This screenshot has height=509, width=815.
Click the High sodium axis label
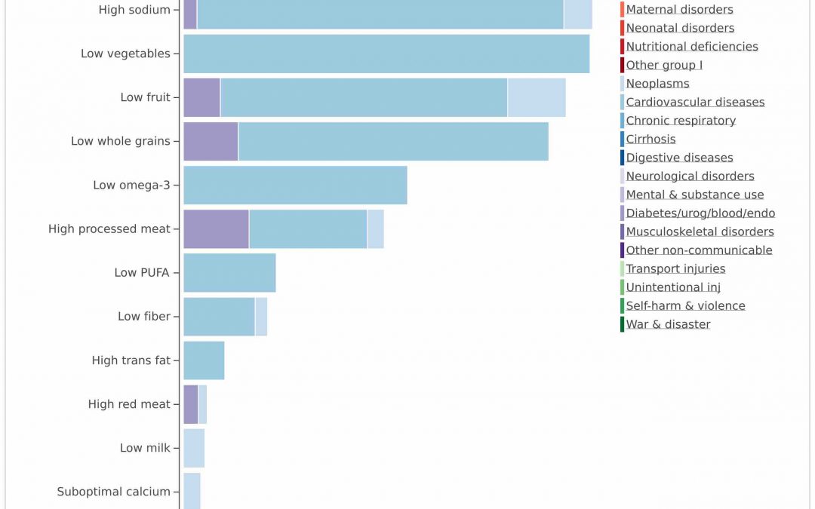pyautogui.click(x=134, y=10)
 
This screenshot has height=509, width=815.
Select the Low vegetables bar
pyautogui.click(x=386, y=54)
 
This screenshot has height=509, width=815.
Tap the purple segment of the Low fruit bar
pyautogui.click(x=201, y=97)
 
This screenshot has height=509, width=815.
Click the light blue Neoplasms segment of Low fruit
pyautogui.click(x=537, y=97)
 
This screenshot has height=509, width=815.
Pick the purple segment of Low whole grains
pyautogui.click(x=211, y=141)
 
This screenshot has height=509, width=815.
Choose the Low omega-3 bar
pyautogui.click(x=295, y=185)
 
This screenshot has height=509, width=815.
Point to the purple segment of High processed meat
pyautogui.click(x=216, y=228)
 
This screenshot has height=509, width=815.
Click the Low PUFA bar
pyautogui.click(x=229, y=272)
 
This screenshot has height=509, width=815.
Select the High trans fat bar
pyautogui.click(x=204, y=360)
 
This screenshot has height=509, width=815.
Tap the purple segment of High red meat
pyautogui.click(x=190, y=404)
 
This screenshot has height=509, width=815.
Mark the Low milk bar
pyautogui.click(x=194, y=448)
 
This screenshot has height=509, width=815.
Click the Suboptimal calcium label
pyautogui.click(x=113, y=492)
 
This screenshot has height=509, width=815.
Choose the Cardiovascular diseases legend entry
pyautogui.click(x=695, y=102)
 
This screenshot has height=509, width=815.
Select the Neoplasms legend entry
pyautogui.click(x=657, y=84)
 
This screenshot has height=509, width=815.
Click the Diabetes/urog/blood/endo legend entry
pyautogui.click(x=700, y=213)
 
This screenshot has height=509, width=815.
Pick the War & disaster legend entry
pyautogui.click(x=668, y=324)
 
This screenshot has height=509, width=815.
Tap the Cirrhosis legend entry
pyautogui.click(x=650, y=139)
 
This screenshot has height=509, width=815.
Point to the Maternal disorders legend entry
pyautogui.click(x=679, y=10)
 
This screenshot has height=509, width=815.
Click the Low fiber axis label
pyautogui.click(x=144, y=317)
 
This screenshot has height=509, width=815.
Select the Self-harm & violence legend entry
pyautogui.click(x=685, y=305)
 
